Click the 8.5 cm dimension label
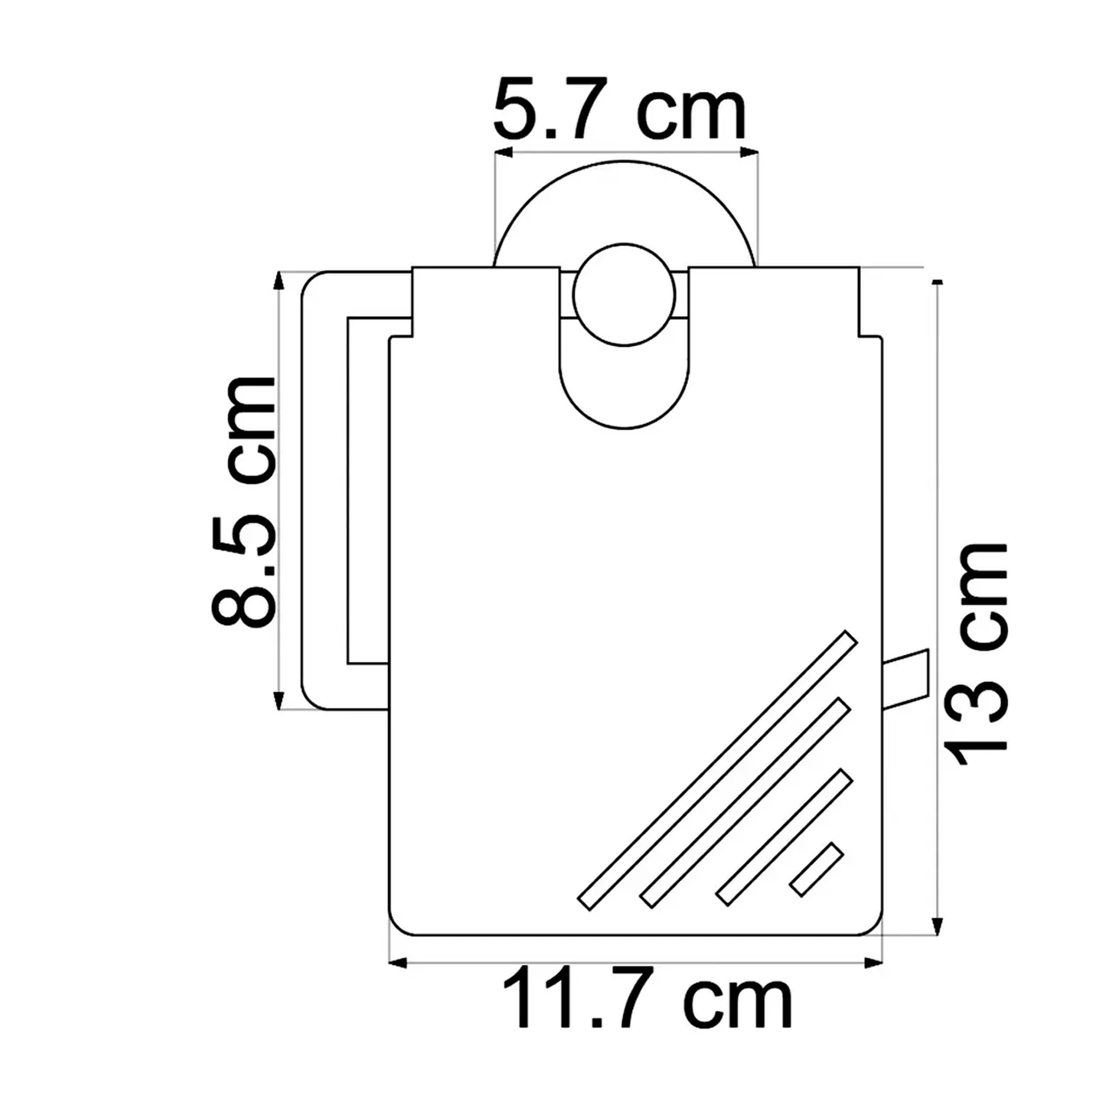pyautogui.click(x=243, y=501)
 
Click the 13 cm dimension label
pyautogui.click(x=977, y=654)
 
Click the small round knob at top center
pyautogui.click(x=625, y=295)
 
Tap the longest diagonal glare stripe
pyautogui.click(x=717, y=771)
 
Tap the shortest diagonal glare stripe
pyautogui.click(x=817, y=869)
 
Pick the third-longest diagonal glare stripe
pyautogui.click(x=785, y=837)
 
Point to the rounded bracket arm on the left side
pyautogui.click(x=325, y=490)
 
